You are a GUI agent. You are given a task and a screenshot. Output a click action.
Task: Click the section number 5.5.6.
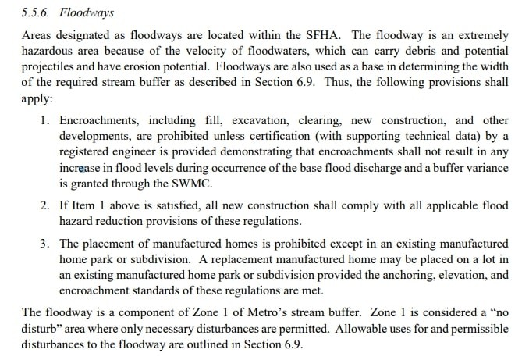coord(38,13)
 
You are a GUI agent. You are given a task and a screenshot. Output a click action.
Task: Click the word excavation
coord(254,120)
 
